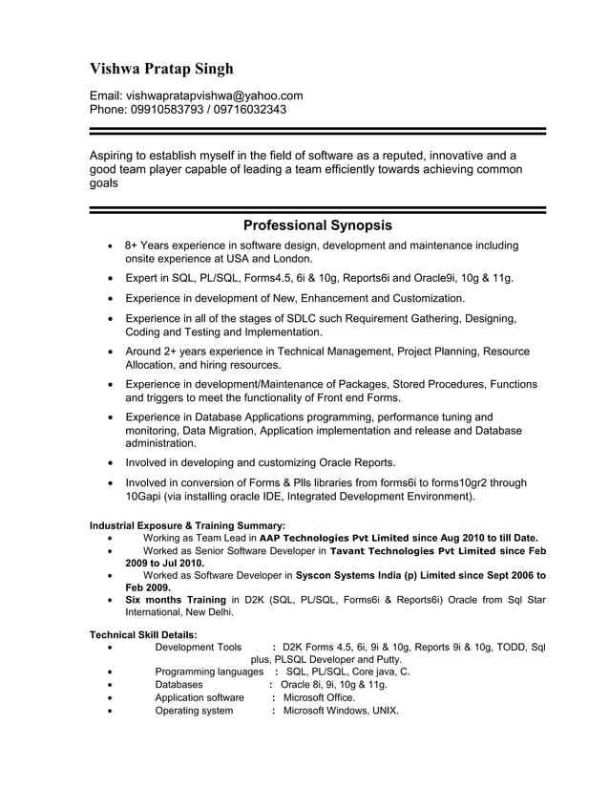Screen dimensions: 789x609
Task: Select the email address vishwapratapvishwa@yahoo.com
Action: point(215,96)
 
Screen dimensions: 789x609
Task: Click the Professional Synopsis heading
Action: point(317,226)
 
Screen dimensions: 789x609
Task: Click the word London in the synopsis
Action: point(289,259)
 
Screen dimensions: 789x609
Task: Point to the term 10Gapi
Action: point(148,497)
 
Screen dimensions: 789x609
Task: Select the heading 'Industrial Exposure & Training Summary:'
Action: point(187,525)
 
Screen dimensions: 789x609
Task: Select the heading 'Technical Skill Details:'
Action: point(143,634)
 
